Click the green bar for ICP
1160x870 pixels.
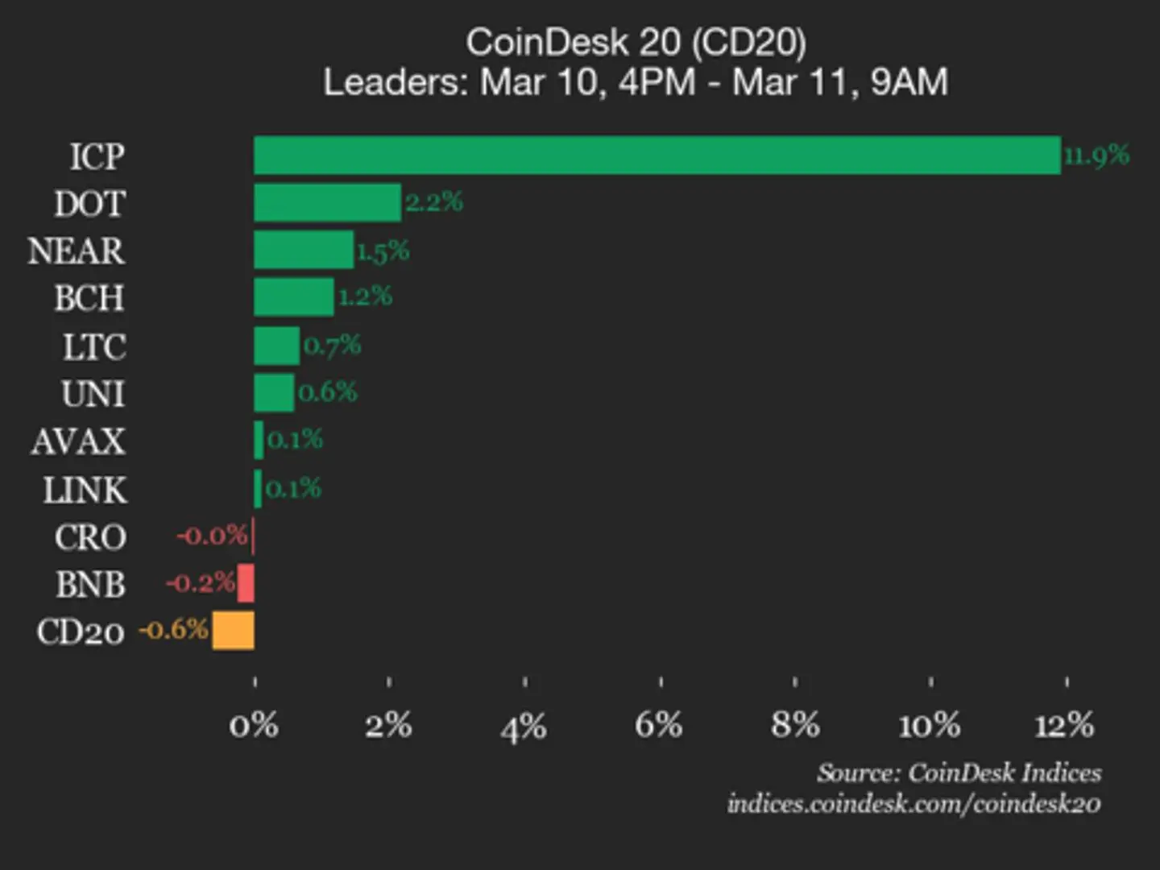click(x=657, y=155)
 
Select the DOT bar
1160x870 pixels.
click(x=327, y=202)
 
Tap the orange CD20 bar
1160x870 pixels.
click(x=234, y=630)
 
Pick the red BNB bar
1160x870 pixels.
click(x=246, y=582)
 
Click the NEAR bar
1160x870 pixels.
click(x=304, y=250)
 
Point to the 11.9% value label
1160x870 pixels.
click(x=1096, y=155)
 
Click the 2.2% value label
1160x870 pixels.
click(x=434, y=201)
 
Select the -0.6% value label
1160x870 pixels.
click(x=174, y=629)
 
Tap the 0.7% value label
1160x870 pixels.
click(x=332, y=346)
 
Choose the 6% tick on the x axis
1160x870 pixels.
click(x=659, y=725)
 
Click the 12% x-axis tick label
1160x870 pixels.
click(x=1064, y=725)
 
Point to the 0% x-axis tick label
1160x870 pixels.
click(x=254, y=725)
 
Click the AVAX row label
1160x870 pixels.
click(x=78, y=441)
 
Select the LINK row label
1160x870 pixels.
click(x=85, y=490)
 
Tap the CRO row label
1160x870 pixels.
click(x=90, y=537)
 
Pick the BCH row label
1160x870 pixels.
click(x=89, y=299)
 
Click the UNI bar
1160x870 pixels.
click(x=274, y=393)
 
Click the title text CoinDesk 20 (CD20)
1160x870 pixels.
click(x=636, y=42)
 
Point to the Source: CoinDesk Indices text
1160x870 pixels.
click(x=959, y=773)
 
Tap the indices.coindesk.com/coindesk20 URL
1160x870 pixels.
click(x=913, y=804)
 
